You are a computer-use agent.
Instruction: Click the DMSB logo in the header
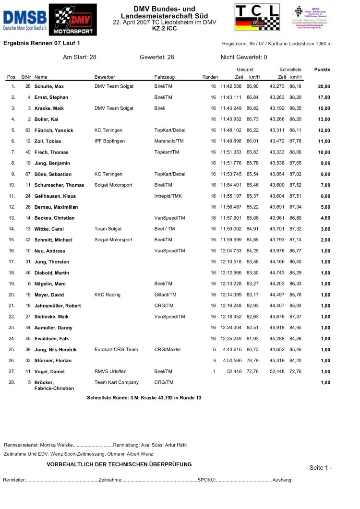[x=24, y=20]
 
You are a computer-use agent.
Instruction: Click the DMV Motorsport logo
[x=73, y=20]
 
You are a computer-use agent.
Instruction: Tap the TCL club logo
[x=257, y=18]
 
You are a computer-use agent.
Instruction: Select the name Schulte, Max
[x=49, y=86]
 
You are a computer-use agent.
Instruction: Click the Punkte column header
[x=322, y=70]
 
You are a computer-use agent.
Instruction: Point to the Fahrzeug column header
[x=164, y=77]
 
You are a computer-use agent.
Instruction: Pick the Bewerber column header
[x=105, y=77]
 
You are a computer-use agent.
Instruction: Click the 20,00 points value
[x=324, y=86]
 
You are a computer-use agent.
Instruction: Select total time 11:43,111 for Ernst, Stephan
[x=231, y=97]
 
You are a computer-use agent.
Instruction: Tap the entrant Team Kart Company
[x=116, y=382]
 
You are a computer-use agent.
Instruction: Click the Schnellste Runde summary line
[x=144, y=398]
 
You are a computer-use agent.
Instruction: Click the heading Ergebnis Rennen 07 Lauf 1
[x=42, y=43]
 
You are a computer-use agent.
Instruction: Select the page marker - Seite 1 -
[x=318, y=468]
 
